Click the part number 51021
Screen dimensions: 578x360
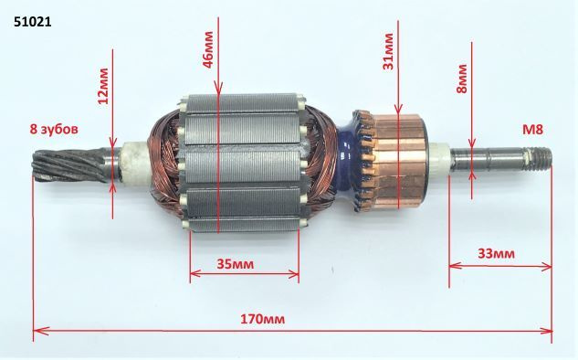coord(33,22)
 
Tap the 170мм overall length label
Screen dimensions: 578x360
coord(262,319)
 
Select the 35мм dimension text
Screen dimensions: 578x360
coord(236,264)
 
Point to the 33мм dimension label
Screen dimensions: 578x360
coord(496,254)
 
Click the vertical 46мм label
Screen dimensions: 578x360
coord(208,49)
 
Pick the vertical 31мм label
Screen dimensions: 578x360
coord(388,52)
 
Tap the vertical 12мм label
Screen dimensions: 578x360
coord(103,86)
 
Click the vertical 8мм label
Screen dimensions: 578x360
coord(461,79)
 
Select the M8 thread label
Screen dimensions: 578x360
coord(532,130)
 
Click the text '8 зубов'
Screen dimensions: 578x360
coord(54,130)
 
